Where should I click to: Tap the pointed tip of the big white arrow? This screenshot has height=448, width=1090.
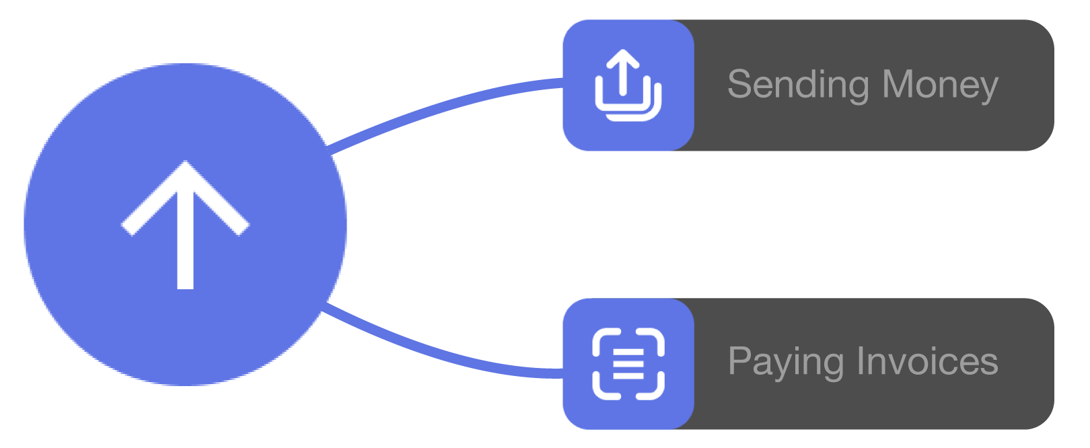click(x=185, y=165)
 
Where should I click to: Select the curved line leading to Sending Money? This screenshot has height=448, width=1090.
click(x=444, y=105)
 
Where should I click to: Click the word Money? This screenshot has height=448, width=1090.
click(x=940, y=85)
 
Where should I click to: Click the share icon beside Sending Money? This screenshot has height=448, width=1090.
click(x=628, y=85)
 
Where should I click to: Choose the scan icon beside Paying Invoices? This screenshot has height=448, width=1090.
click(x=628, y=364)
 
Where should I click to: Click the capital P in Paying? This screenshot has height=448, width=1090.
click(x=739, y=361)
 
